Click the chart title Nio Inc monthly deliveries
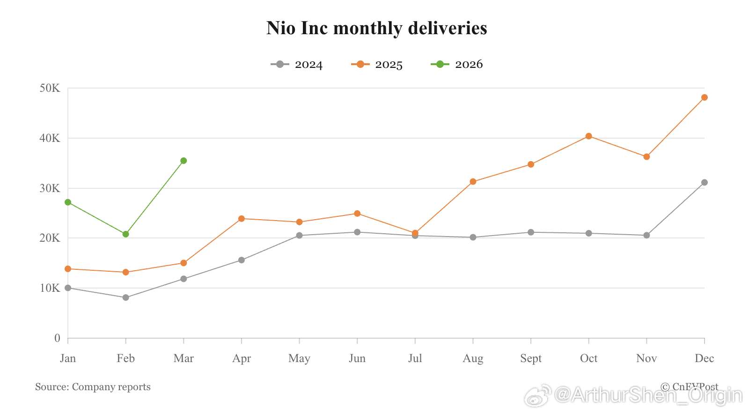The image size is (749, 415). (376, 28)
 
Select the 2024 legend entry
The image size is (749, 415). (297, 65)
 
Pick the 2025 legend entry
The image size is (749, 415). (377, 65)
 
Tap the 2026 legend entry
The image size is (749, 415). (457, 65)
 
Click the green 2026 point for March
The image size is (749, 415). (184, 161)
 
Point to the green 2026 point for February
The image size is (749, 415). (125, 234)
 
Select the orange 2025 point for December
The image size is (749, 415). (704, 97)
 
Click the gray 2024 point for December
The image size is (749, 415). (704, 183)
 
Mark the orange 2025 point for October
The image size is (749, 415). (588, 136)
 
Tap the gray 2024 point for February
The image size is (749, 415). (125, 297)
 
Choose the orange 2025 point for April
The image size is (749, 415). (242, 219)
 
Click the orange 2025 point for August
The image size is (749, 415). (473, 182)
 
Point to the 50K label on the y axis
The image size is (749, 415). (50, 88)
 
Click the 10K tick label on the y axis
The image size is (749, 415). (50, 288)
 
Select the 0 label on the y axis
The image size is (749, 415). (57, 338)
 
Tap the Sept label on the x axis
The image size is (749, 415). (531, 358)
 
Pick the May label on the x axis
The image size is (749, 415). (299, 358)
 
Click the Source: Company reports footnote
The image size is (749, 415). (93, 387)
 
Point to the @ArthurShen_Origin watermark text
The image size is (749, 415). (648, 396)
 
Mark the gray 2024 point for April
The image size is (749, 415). (242, 260)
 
